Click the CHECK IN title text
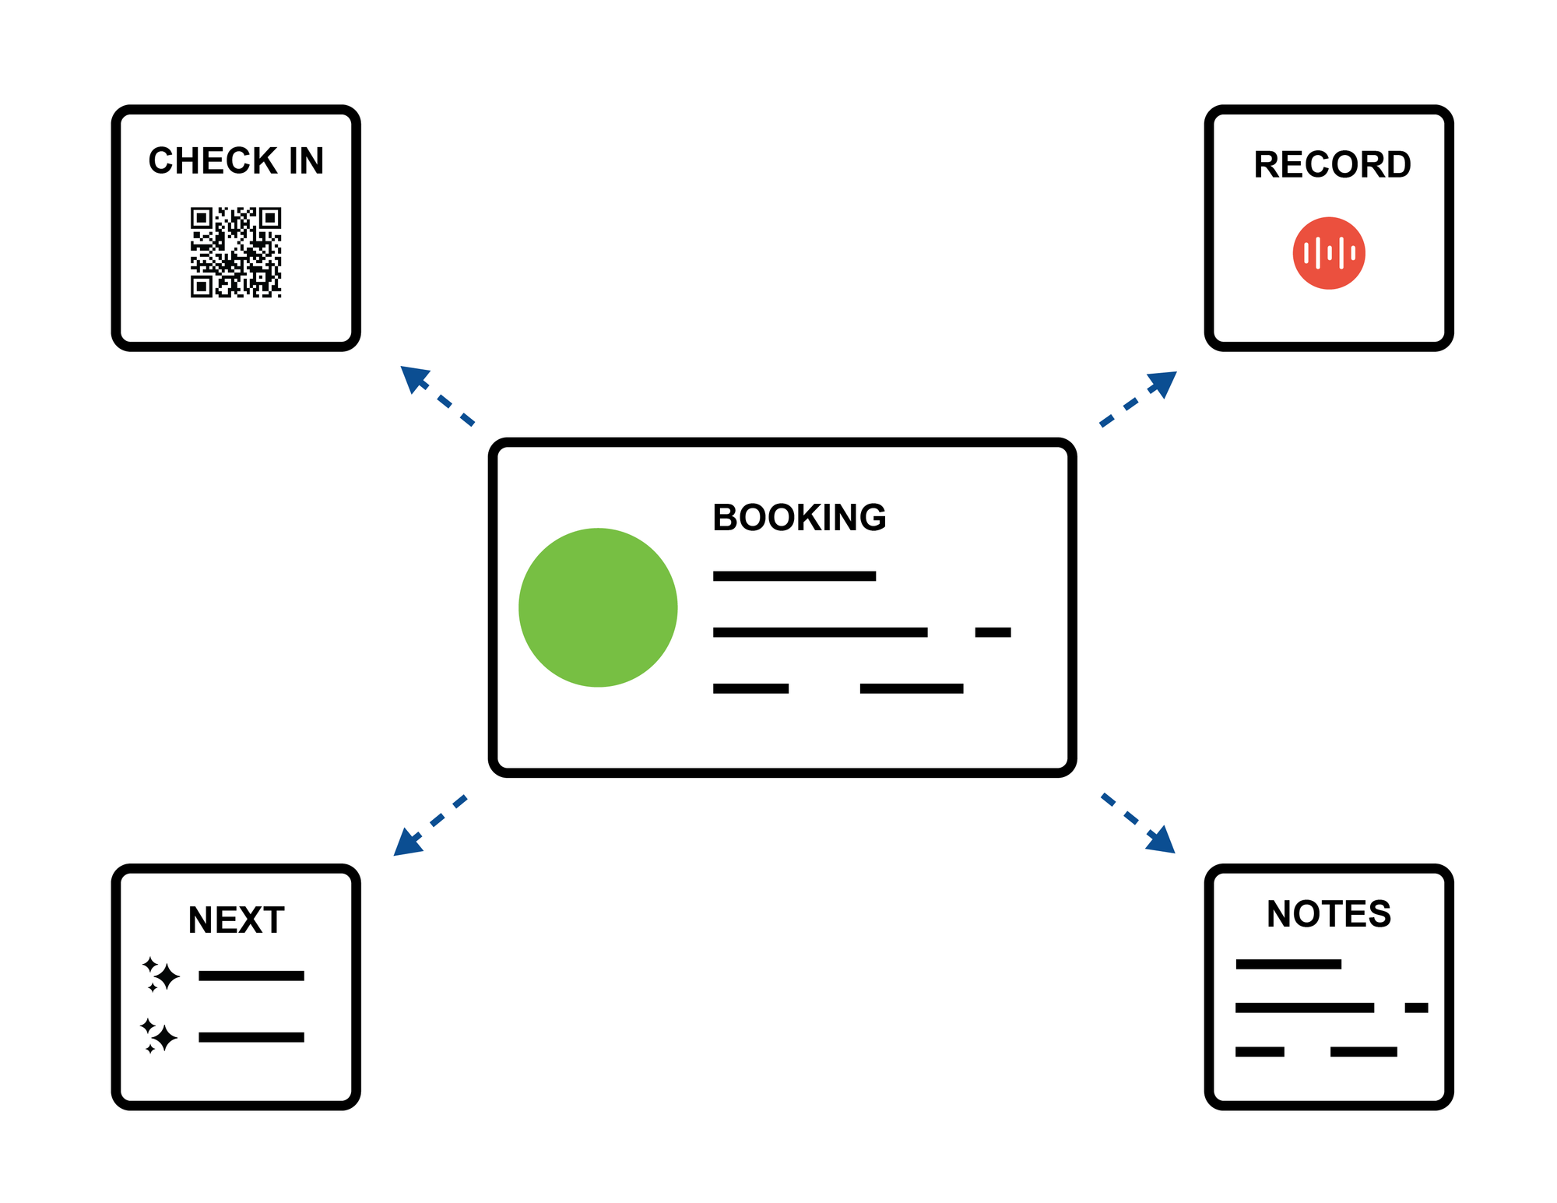pyautogui.click(x=236, y=161)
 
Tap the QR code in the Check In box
pyautogui.click(x=236, y=252)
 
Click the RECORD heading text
pyautogui.click(x=1332, y=165)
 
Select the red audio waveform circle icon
pyautogui.click(x=1329, y=253)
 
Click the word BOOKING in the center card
pyautogui.click(x=799, y=518)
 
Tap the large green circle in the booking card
pyautogui.click(x=598, y=607)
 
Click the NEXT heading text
pyautogui.click(x=236, y=920)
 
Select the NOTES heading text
pyautogui.click(x=1329, y=914)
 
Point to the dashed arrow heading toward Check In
pyautogui.click(x=436, y=396)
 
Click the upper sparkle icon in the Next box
pyautogui.click(x=161, y=975)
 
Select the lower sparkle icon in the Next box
pyautogui.click(x=160, y=1036)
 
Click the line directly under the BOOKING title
pyautogui.click(x=794, y=576)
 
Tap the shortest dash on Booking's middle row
pyautogui.click(x=993, y=632)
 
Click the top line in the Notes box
pyautogui.click(x=1288, y=964)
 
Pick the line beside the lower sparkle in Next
pyautogui.click(x=251, y=1037)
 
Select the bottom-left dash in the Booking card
pyautogui.click(x=750, y=688)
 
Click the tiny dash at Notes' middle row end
pyautogui.click(x=1416, y=1008)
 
